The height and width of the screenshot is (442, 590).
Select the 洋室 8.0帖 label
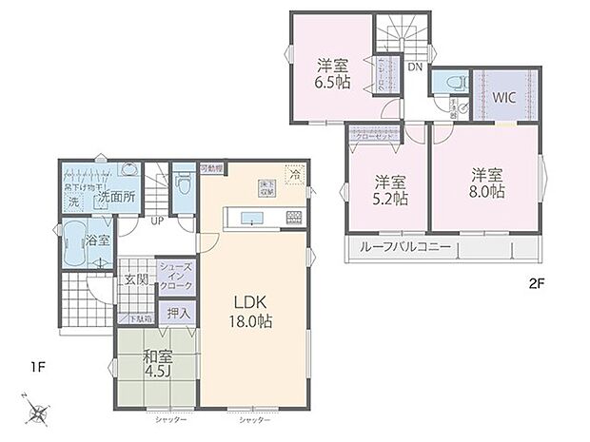click(x=485, y=183)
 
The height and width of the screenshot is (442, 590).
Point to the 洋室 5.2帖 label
click(x=388, y=189)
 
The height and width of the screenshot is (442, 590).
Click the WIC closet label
click(x=504, y=98)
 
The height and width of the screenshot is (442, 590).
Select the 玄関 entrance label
click(x=135, y=280)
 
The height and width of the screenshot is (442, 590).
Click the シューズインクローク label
click(x=177, y=277)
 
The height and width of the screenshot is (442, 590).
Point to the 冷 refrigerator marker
click(x=296, y=177)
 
